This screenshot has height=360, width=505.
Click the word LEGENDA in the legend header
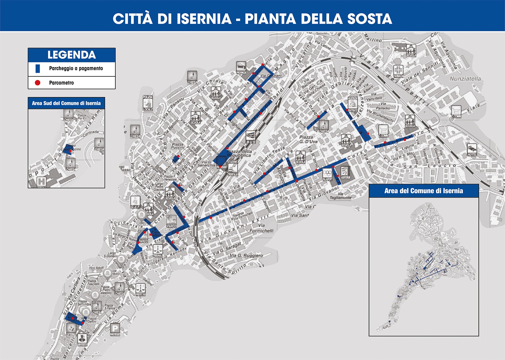72,55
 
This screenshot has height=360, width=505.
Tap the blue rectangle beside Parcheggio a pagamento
38,69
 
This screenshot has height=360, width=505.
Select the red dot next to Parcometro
38,83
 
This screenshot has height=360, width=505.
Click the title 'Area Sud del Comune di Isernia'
66,103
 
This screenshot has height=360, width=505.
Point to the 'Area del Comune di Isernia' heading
423,191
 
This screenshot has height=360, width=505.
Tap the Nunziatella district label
465,79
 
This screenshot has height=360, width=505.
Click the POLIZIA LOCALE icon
148,102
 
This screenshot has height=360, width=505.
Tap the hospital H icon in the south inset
41,181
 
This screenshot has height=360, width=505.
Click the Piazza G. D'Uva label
308,139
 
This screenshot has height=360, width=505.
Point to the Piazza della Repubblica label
239,153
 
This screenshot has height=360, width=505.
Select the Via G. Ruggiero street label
246,256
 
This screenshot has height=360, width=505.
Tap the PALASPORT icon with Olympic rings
327,174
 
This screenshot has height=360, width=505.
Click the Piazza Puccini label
178,146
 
